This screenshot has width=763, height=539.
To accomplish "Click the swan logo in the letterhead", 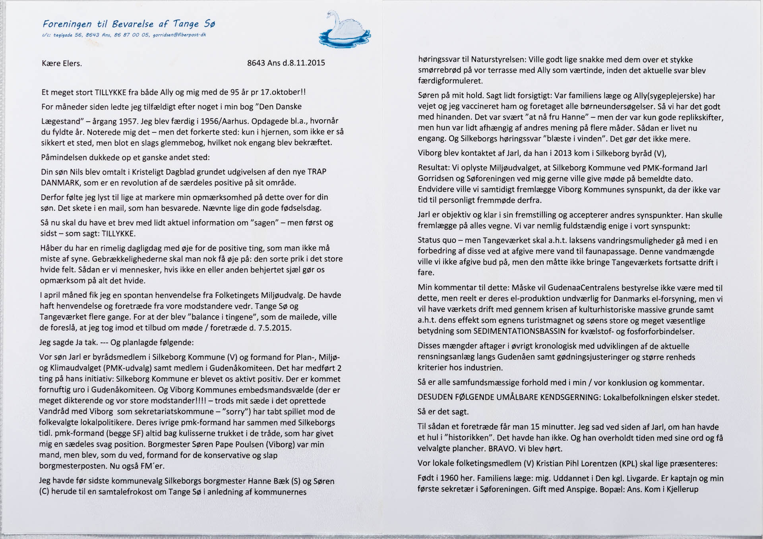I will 344,30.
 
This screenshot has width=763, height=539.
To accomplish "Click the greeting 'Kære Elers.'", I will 62,64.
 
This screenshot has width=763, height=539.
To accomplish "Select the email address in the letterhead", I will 179,35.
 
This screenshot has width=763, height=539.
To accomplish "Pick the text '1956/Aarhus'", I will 222,121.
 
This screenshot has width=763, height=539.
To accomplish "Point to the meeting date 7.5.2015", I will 275,328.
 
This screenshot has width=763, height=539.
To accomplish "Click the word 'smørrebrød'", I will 440,71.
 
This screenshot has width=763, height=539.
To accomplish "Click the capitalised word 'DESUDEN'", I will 435,397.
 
